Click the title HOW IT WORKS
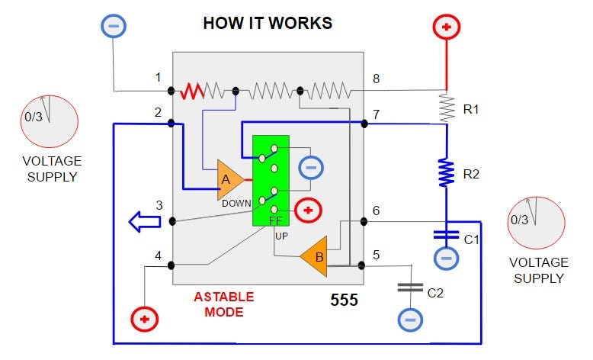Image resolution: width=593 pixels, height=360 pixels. click(x=267, y=23)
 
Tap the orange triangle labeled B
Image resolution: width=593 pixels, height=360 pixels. click(x=314, y=257)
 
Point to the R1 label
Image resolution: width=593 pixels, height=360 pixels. click(x=473, y=109)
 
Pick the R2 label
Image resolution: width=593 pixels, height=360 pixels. click(x=473, y=175)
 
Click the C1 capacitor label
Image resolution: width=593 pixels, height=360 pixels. click(x=473, y=240)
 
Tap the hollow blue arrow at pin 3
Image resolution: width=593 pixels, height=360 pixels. click(x=145, y=222)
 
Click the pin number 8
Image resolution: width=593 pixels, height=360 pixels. click(x=376, y=79)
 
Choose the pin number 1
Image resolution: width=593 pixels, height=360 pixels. click(x=158, y=77)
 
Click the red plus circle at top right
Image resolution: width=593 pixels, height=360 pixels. click(x=447, y=27)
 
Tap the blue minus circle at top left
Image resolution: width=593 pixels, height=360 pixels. click(x=114, y=27)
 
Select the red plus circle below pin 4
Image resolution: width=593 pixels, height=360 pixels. click(x=143, y=318)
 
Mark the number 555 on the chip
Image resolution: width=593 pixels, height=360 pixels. click(x=344, y=300)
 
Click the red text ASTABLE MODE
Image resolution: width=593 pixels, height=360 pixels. click(x=223, y=304)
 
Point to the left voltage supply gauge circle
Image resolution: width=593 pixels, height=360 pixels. click(x=50, y=121)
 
